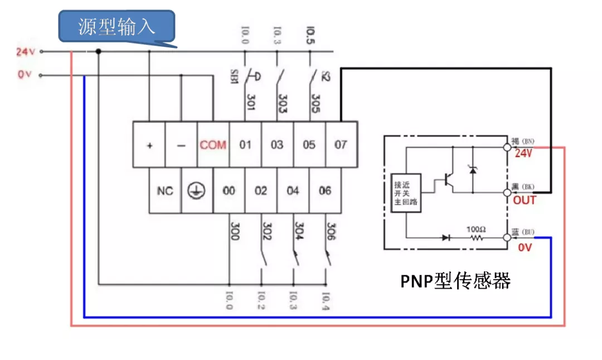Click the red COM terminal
(213, 145)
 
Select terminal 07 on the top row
(341, 145)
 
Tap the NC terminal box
(165, 191)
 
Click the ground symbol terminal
(197, 191)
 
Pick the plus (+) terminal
(149, 145)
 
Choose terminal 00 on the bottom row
(229, 191)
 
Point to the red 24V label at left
(26, 52)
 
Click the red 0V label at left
(25, 75)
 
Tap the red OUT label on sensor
(524, 200)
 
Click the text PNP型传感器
(455, 281)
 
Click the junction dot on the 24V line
(99, 52)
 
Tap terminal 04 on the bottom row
(293, 191)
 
